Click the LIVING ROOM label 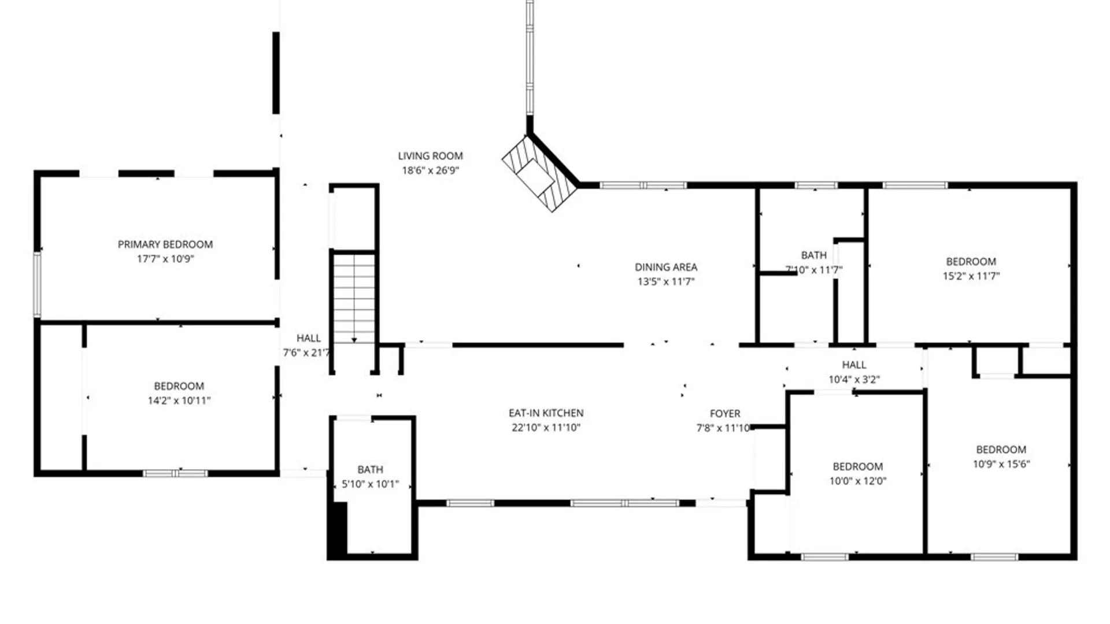coord(430,156)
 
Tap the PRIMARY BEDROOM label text coord(165,244)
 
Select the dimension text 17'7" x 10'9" coord(165,259)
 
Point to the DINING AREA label coord(666,267)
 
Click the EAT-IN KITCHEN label coord(546,413)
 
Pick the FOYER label coord(725,414)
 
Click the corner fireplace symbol coord(540,173)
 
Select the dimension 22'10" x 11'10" coord(546,428)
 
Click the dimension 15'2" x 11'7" coord(971,276)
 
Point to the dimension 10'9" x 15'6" coord(1001,464)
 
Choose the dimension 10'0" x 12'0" coord(858,481)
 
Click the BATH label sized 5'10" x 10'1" coord(370,470)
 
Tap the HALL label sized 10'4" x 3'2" coord(854,365)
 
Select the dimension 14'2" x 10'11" coord(179,400)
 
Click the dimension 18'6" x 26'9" coord(431,170)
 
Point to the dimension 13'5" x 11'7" coord(666,281)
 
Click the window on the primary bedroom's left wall coord(38,284)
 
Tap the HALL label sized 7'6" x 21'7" coord(309,338)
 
